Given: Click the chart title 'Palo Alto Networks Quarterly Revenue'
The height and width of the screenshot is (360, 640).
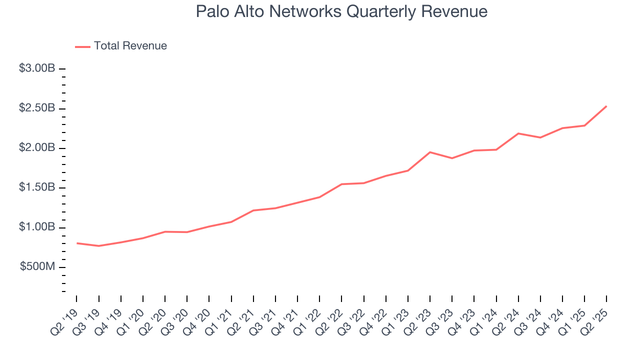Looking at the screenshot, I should [x=341, y=11].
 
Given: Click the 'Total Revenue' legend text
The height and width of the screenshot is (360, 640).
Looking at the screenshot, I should [x=130, y=46].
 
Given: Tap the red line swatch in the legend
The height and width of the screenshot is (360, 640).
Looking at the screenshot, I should [x=82, y=46].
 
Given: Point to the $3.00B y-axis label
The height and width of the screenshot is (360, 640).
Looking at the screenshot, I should [x=37, y=68].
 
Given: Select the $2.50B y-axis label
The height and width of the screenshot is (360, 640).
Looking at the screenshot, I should [x=37, y=108].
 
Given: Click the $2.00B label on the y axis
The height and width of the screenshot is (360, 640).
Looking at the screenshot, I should [x=37, y=148].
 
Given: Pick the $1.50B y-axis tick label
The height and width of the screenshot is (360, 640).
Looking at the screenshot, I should [x=37, y=187].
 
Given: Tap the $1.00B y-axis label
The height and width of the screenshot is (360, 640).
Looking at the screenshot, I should [x=37, y=227].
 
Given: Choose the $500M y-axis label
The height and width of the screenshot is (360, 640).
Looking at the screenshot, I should [x=37, y=267].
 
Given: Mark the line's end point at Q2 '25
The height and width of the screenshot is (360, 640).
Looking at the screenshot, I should [x=606, y=106].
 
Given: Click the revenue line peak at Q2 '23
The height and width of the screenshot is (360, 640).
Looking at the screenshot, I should [x=430, y=152].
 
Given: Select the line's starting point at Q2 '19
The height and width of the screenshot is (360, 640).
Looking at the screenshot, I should [x=77, y=243].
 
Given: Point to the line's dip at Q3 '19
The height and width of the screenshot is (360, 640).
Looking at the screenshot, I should [x=99, y=246].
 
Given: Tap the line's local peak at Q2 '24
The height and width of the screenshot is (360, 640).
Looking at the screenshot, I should [x=518, y=133].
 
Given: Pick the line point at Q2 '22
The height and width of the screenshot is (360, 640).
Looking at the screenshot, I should [x=341, y=184].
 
